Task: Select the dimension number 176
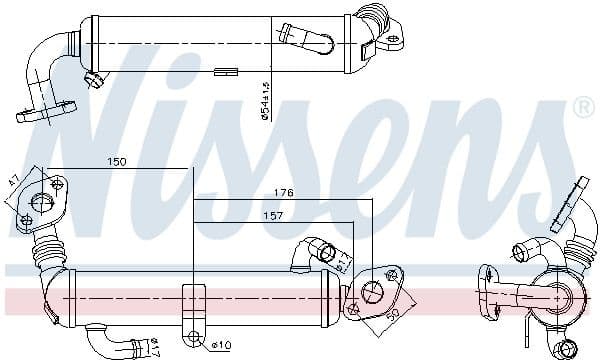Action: (285, 194)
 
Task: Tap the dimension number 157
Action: (273, 215)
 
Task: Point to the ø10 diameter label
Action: (221, 347)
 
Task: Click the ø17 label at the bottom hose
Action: (155, 348)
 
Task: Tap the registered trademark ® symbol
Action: (583, 106)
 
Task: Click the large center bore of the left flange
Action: (42, 202)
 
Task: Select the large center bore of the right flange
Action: (372, 291)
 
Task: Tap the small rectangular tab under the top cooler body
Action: (226, 71)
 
